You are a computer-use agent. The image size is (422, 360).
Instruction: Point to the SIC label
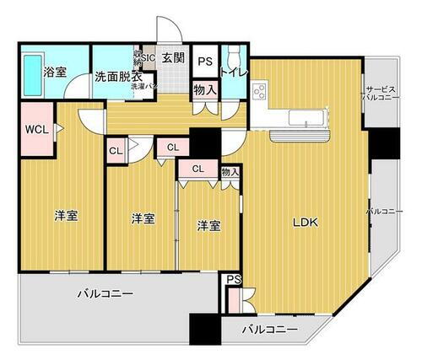pos(149,57)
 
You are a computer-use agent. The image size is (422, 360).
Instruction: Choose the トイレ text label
pos(233,72)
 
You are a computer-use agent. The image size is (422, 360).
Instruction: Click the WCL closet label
pos(36,129)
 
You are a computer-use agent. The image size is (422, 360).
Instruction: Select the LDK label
pos(305,223)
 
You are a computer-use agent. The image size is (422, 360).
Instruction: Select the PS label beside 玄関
pos(205,61)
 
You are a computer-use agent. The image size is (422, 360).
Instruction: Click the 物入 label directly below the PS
pos(204,87)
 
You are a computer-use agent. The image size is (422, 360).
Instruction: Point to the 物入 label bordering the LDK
pos(230,173)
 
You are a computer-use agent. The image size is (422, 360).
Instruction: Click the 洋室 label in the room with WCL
pos(66,216)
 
